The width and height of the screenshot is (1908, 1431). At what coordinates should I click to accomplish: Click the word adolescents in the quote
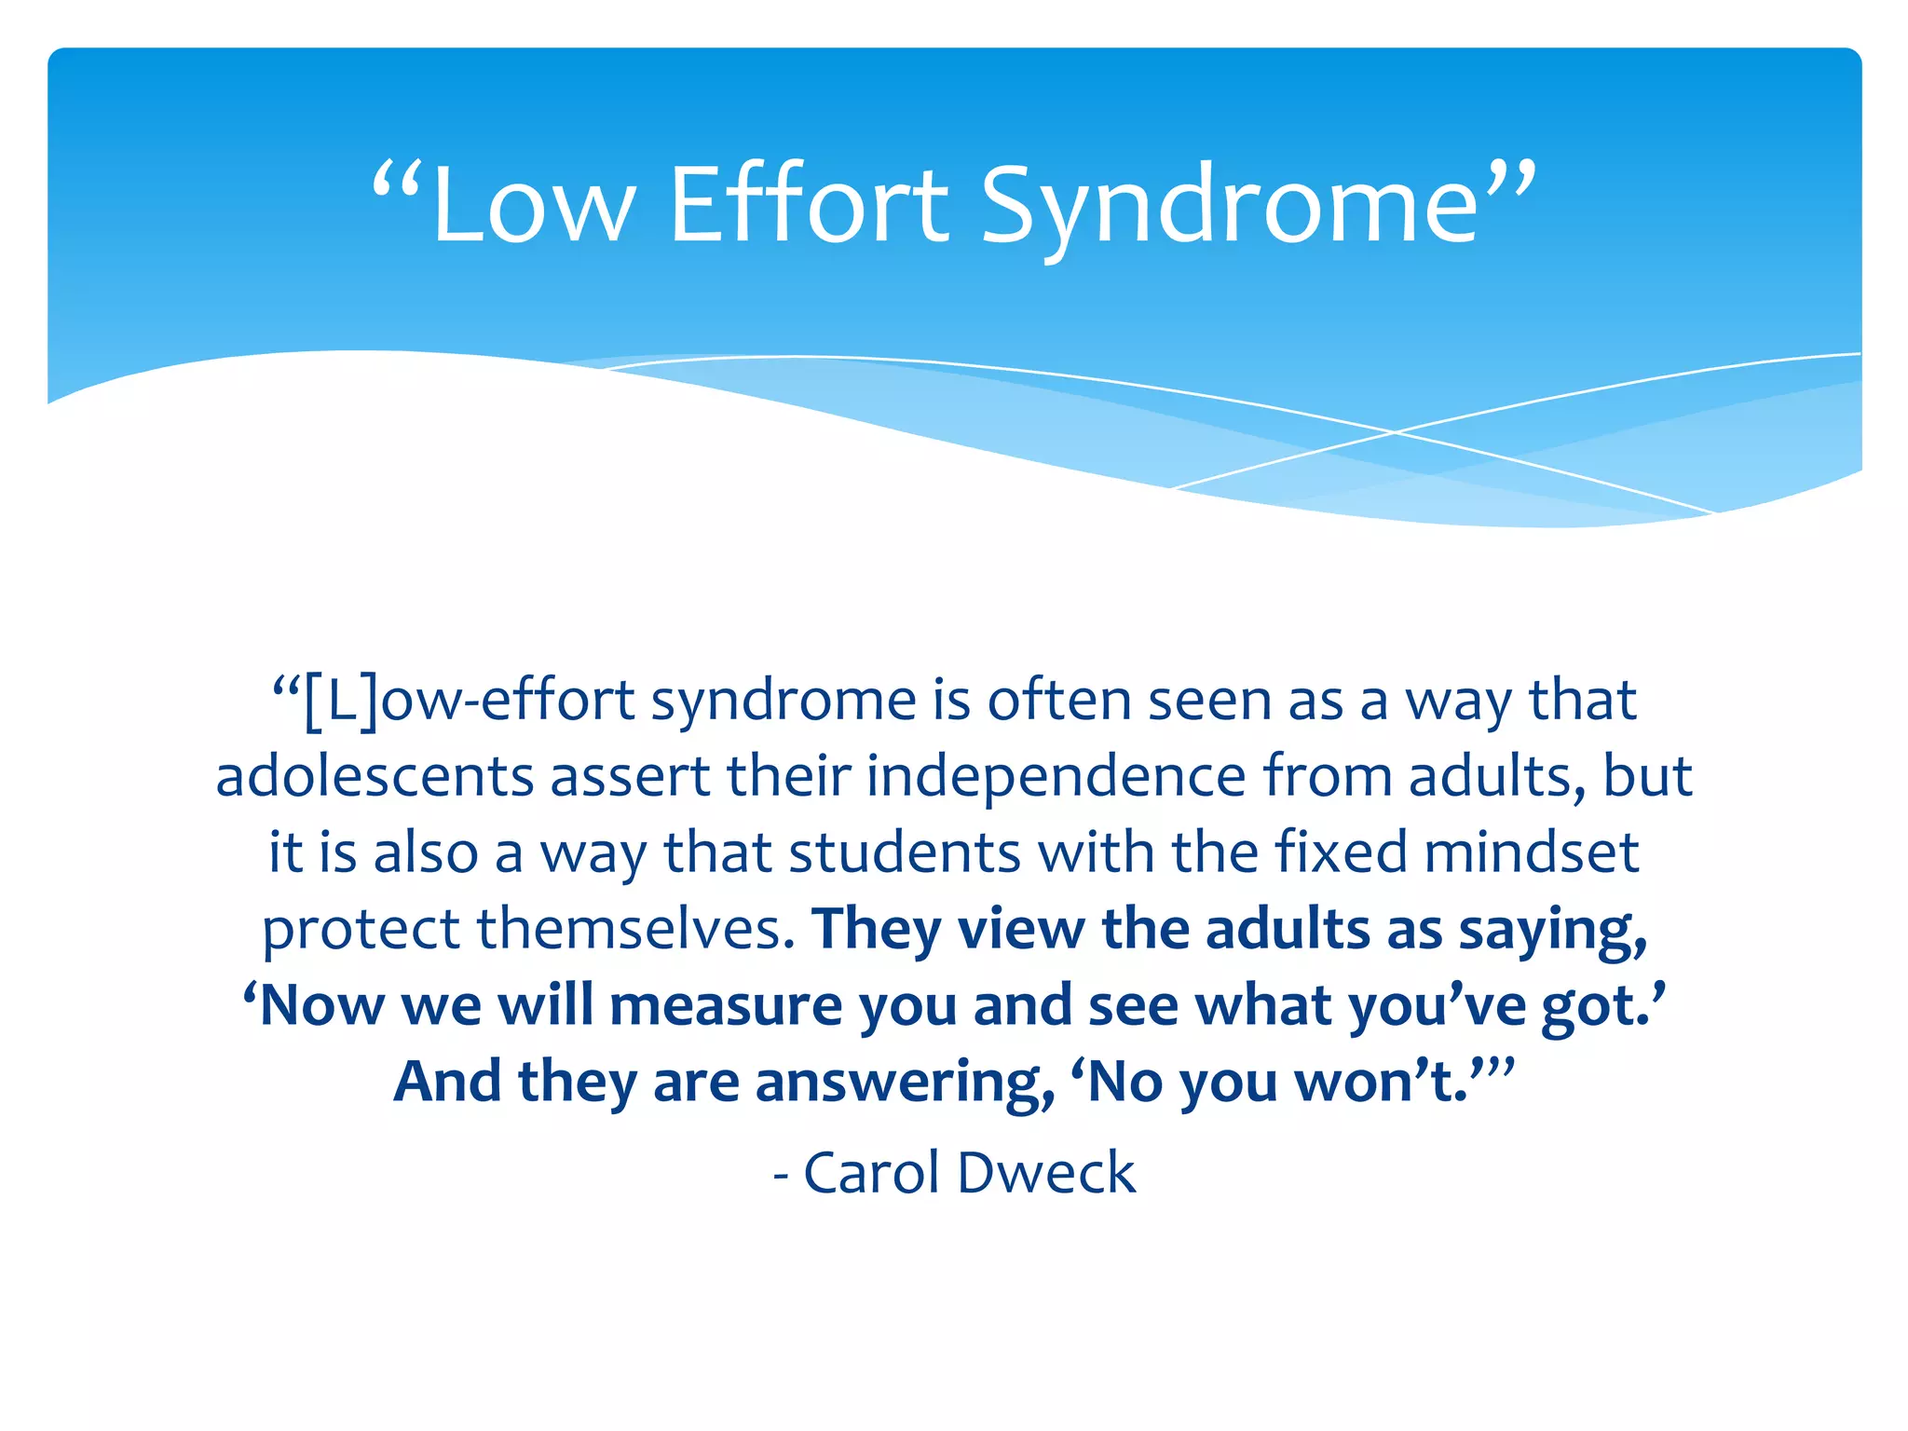coord(375,777)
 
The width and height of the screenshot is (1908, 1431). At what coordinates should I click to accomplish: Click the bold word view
coord(1021,929)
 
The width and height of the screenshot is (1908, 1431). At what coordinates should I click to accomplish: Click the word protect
coord(361,929)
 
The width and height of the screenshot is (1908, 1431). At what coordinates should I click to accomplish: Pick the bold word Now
coord(321,1006)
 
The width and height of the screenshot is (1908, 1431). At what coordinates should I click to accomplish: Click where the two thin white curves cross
coord(1395,432)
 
